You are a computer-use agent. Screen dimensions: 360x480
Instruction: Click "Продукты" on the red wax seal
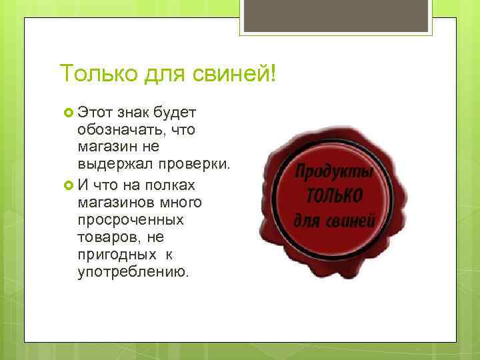tap(335, 173)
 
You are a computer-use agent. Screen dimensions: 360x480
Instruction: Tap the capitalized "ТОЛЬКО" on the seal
tap(335, 196)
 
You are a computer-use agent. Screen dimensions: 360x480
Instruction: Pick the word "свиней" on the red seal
tap(350, 220)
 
